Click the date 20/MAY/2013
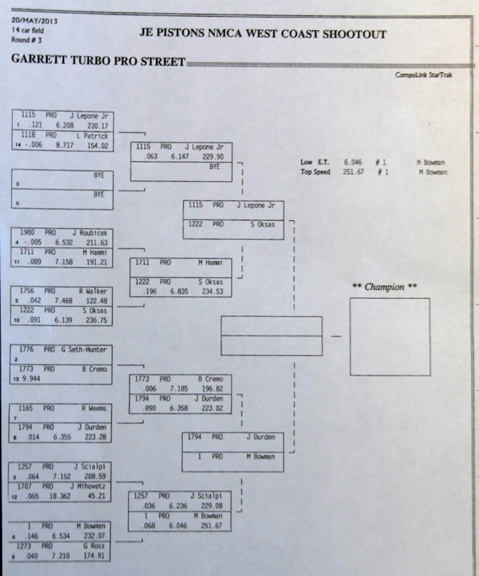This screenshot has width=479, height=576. (x=34, y=20)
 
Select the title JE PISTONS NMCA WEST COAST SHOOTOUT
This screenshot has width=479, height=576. (x=263, y=33)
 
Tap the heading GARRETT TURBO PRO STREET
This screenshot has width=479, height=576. (x=98, y=60)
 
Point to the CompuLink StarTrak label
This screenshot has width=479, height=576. (x=424, y=75)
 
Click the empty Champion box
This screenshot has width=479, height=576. (x=390, y=336)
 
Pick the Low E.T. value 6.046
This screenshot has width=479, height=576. (x=353, y=162)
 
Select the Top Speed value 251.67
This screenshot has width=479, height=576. (x=353, y=172)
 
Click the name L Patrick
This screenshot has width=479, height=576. (x=93, y=136)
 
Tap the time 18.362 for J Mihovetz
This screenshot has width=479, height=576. (x=60, y=496)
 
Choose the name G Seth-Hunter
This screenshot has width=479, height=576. (x=84, y=350)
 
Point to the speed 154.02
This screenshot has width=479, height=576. (x=98, y=146)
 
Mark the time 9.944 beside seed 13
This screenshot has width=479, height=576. (x=31, y=378)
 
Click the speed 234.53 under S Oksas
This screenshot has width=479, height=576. (x=212, y=291)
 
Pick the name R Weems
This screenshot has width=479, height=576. (x=94, y=408)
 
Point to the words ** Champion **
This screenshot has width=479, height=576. (x=384, y=287)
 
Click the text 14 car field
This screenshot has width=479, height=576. (x=28, y=30)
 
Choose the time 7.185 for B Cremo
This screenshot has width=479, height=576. (x=179, y=388)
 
